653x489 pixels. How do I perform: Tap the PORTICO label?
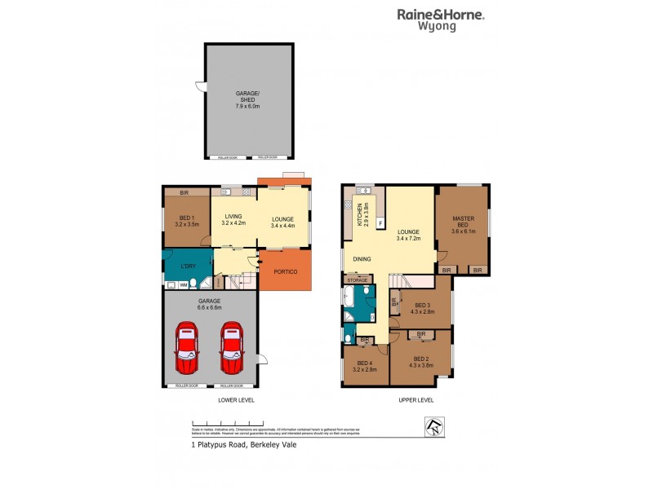[285, 271]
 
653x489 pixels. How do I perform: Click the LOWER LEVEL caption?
[237, 400]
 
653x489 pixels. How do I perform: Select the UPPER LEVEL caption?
[416, 400]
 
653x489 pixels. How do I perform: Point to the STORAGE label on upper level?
[358, 280]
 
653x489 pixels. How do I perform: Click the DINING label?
[362, 259]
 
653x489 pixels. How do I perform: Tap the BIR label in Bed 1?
[184, 192]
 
